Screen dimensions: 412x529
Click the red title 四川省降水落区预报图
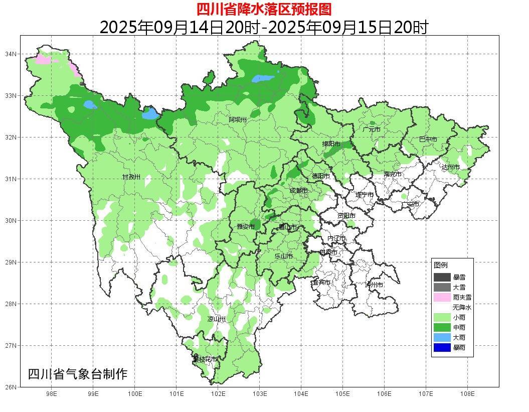coord(264,9)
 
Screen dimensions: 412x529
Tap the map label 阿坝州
coord(238,119)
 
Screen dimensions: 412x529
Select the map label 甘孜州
coord(131,177)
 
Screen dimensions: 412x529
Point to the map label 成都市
coord(298,191)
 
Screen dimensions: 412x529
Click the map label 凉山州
coord(217,319)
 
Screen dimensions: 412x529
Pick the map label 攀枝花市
coord(205,359)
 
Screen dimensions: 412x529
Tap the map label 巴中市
coord(428,140)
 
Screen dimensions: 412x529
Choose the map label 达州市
coord(450,167)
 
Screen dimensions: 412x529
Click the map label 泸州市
coord(374,285)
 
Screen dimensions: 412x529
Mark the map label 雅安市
coord(246,227)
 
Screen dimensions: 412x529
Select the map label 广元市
coord(371,129)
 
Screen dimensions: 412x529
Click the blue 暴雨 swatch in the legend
coord(442,347)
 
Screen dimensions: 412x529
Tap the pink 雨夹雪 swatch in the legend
coord(442,297)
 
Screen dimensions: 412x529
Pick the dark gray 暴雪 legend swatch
coord(442,277)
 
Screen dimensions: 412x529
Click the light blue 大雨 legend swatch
coord(442,337)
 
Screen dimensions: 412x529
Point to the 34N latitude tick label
coord(11,54)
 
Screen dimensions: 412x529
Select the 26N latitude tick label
coord(11,387)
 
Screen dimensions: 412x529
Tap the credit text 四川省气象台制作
coord(78,374)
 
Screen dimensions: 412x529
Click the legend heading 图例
coord(441,265)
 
